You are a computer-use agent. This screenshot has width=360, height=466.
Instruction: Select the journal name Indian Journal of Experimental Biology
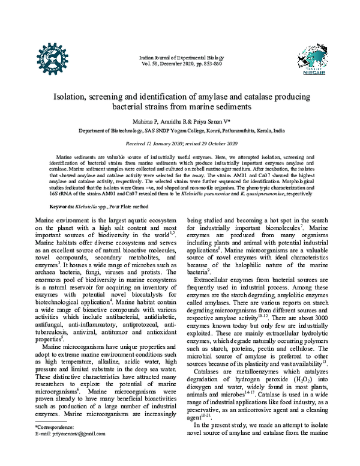tap(181, 56)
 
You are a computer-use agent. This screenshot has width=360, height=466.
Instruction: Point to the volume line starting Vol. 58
tap(181, 62)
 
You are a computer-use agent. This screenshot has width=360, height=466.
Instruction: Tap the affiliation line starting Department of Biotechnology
tap(181, 130)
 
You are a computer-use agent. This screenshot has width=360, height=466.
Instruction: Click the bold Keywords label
tap(62, 206)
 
